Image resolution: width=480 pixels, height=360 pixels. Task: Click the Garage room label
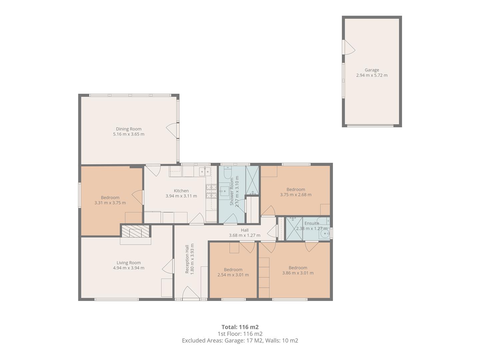coord(372,70)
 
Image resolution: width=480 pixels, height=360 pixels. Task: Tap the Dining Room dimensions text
coord(129,134)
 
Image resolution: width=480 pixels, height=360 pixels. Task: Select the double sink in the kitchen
coord(205,171)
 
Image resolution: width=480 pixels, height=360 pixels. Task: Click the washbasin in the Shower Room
coord(224,192)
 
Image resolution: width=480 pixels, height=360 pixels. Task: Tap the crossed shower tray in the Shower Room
coord(252,180)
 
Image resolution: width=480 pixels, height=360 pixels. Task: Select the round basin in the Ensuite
coord(324,235)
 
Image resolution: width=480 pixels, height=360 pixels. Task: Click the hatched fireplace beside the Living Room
coord(135,231)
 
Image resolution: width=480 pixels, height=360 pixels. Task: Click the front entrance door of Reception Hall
coord(191,293)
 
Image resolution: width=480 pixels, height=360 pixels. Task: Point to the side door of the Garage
coord(349,47)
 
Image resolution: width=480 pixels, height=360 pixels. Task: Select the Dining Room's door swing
coord(173,130)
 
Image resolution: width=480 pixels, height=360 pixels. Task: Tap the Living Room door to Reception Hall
coord(168,266)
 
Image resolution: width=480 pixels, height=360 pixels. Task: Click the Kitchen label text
coord(181,191)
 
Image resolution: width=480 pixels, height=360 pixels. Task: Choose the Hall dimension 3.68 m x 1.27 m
coord(244,235)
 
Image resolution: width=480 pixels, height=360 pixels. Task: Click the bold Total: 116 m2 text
coord(240,327)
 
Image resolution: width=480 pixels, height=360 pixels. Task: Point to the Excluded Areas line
coord(240,341)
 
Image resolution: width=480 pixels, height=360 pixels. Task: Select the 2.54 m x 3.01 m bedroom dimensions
coord(233,275)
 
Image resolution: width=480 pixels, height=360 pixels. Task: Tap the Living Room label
coord(129,263)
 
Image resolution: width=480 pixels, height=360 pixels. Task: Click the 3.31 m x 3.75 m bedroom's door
coord(138,197)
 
